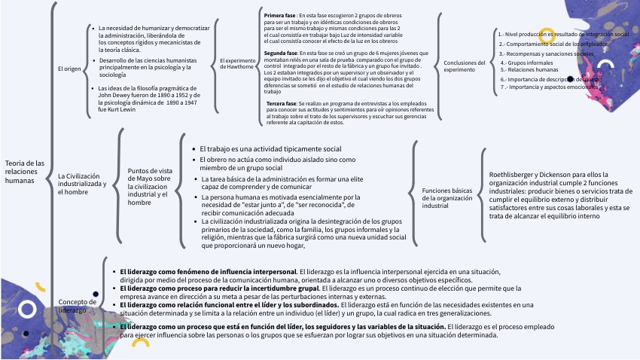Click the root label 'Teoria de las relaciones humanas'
(x=25, y=172)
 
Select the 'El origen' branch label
(x=69, y=69)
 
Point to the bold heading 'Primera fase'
(x=280, y=15)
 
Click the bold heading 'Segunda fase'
(x=282, y=53)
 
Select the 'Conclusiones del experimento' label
(x=465, y=66)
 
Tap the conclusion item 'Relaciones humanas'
(x=524, y=70)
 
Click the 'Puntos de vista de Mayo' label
(x=151, y=186)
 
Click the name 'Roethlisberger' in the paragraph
(x=512, y=174)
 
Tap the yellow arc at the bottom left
(x=140, y=343)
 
